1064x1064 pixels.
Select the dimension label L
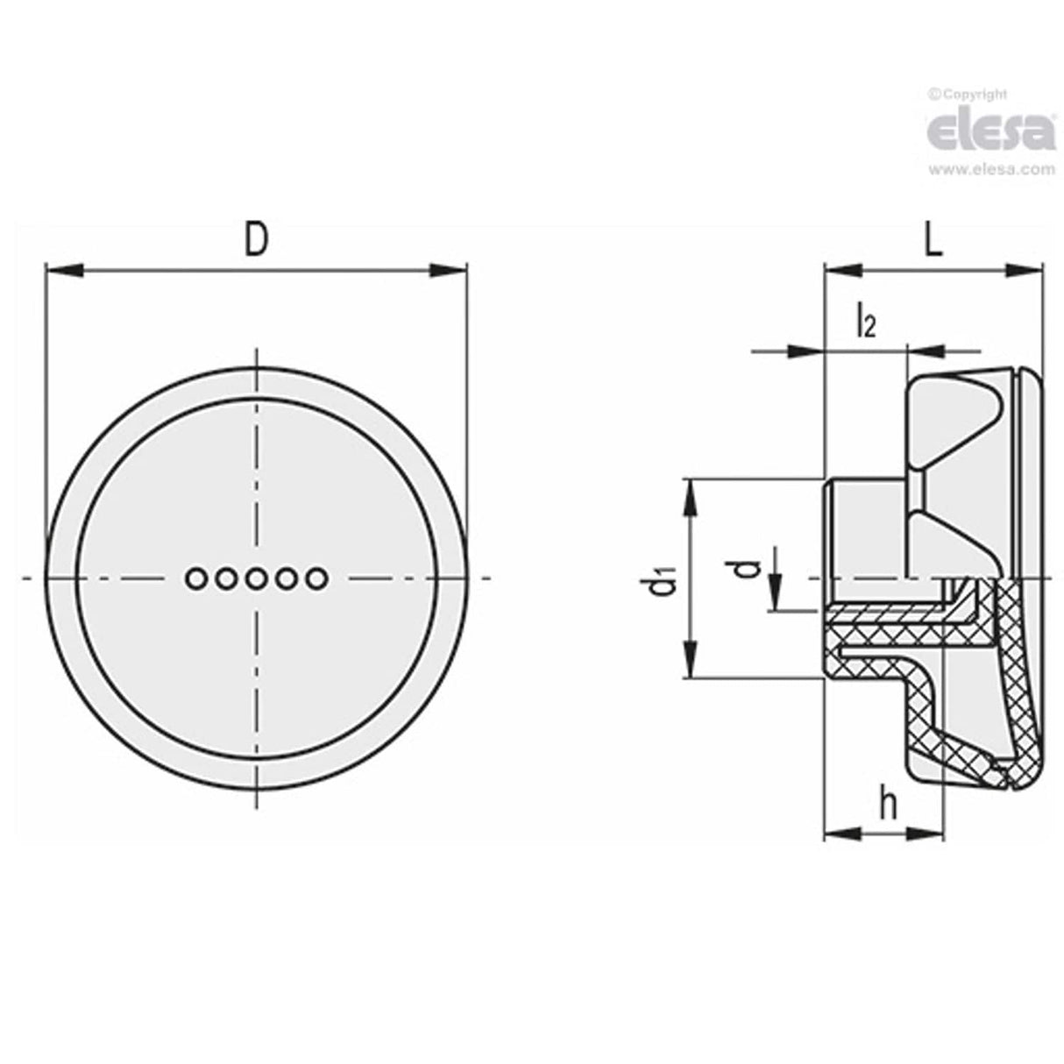[934, 241]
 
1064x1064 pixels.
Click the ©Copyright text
[968, 94]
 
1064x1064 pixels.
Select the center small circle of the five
[256, 578]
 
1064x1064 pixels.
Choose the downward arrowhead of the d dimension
[775, 579]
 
